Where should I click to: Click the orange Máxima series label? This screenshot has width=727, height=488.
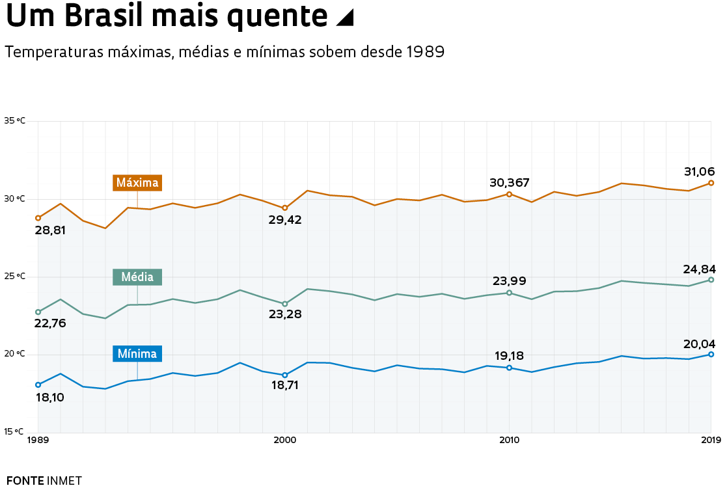pos(137,183)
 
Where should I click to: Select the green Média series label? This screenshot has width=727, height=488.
pos(137,277)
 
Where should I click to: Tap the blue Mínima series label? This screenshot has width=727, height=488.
pos(137,354)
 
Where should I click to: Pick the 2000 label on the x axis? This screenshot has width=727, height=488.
pos(284,441)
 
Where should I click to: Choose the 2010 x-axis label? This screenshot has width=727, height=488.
pos(509,441)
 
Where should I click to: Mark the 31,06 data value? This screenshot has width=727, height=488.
pos(699,172)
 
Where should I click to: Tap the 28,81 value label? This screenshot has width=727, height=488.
pos(50,230)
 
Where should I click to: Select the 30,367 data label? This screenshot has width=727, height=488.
pos(510,183)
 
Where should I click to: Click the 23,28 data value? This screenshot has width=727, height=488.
pos(284,314)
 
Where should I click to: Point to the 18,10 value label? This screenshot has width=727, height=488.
pos(49,397)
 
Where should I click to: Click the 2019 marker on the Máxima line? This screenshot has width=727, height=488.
pos(711,183)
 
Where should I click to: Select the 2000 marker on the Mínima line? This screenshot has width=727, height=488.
pos(284,375)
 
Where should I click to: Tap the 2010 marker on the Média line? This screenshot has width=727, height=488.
pos(509,293)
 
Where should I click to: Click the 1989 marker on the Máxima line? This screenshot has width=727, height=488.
pos(38,218)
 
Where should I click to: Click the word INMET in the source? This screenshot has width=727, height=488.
pos(64,481)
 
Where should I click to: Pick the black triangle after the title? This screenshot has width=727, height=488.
pos(344,18)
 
